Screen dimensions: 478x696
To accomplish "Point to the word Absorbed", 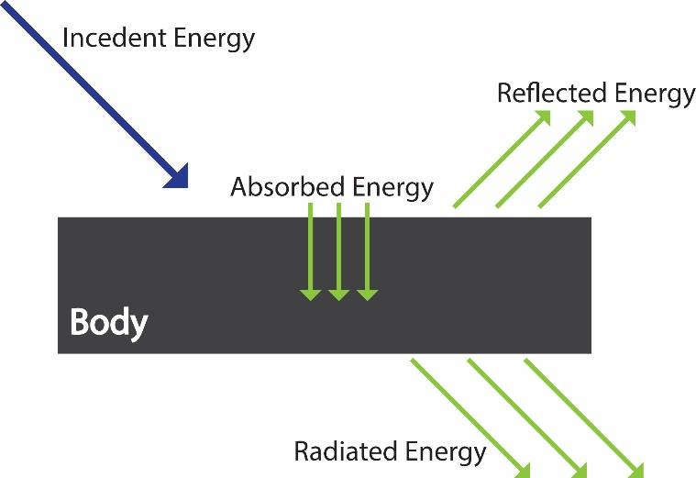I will click(x=279, y=188).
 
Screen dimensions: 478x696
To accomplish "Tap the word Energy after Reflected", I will click(x=654, y=94).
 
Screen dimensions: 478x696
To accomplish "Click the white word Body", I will click(x=109, y=323).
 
